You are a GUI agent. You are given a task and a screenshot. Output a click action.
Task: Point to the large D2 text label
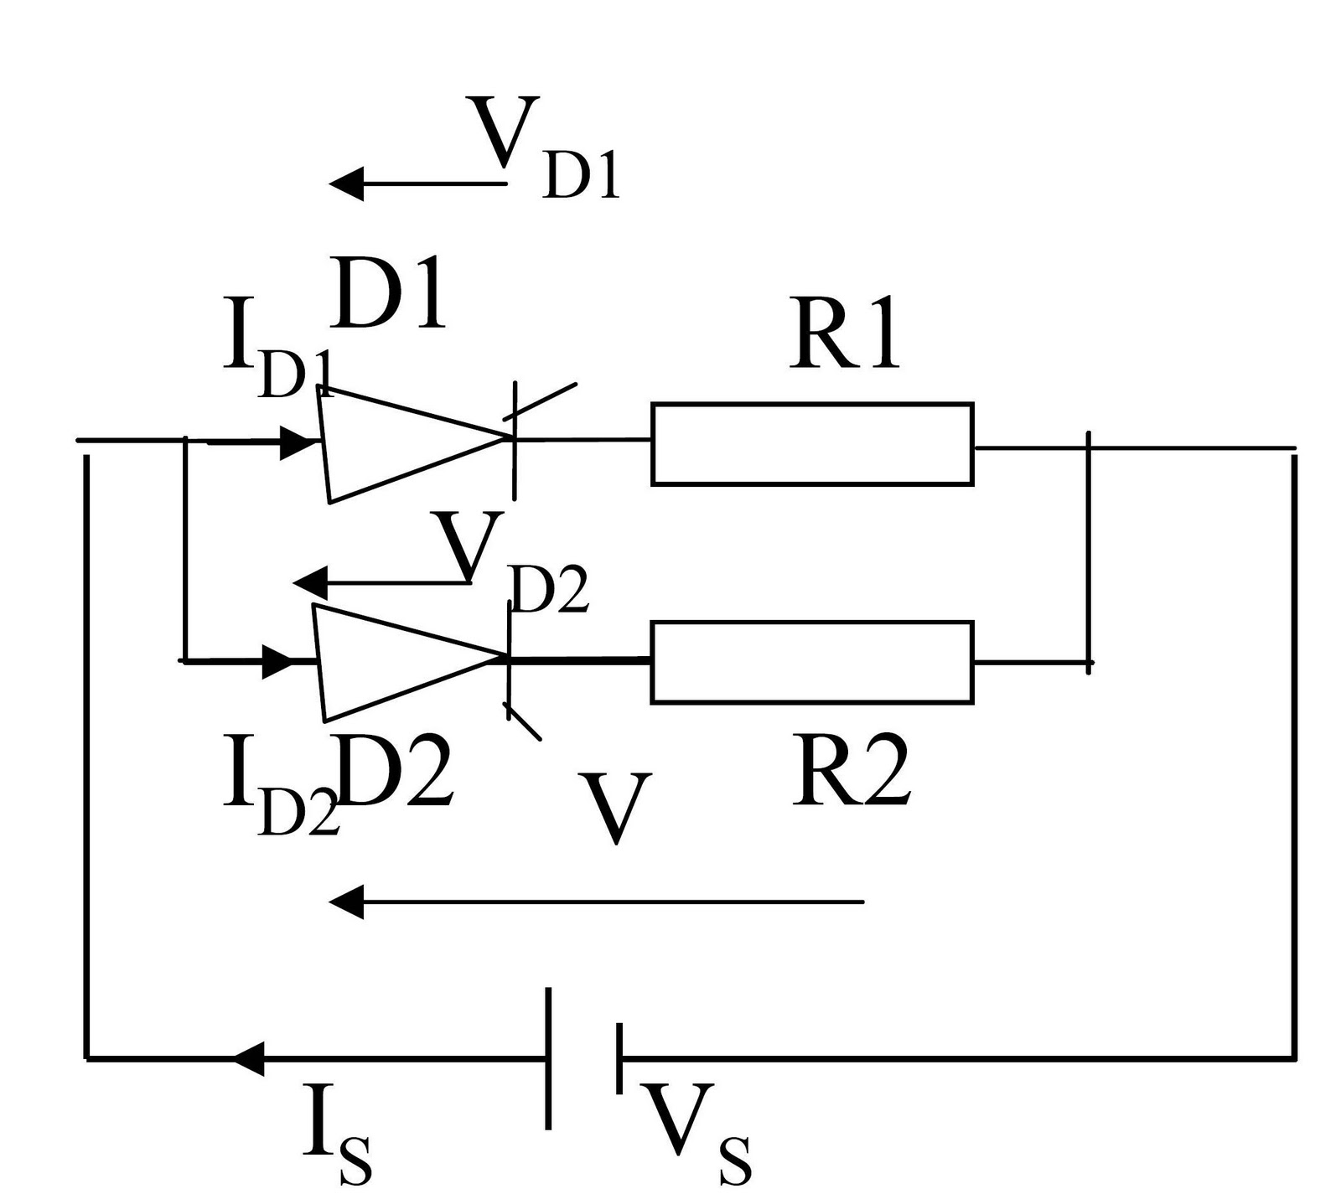[x=396, y=773]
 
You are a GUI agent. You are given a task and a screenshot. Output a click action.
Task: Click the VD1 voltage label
[x=543, y=147]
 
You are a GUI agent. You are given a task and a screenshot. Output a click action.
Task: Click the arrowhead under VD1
[x=345, y=183]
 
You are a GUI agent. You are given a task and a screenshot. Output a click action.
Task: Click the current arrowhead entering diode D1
[x=297, y=442]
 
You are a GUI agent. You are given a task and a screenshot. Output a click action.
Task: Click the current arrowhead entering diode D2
[x=280, y=661]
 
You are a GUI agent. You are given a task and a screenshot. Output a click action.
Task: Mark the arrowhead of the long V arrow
[x=345, y=902]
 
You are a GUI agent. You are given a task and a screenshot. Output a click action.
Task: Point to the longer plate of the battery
[x=549, y=1058]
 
